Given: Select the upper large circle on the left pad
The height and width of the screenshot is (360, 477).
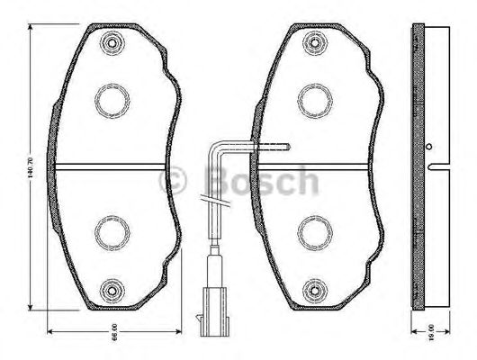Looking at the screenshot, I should tap(111, 99).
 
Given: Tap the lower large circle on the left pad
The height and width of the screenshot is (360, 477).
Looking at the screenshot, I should tap(111, 232).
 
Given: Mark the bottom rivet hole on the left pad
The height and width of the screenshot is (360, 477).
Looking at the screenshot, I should tap(112, 290).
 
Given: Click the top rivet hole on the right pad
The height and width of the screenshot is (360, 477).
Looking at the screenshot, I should tap(313, 40).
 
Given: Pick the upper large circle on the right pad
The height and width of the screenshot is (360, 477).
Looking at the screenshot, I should tap(313, 99).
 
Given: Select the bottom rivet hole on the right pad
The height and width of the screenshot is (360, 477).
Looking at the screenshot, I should tap(313, 290).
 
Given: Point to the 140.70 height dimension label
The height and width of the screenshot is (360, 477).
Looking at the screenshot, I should tap(32, 167).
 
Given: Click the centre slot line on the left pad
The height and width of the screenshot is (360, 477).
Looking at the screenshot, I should tap(111, 166).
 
